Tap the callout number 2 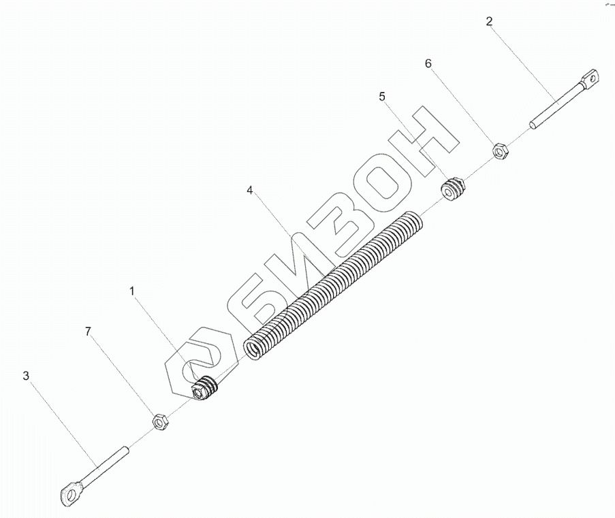coord(490,21)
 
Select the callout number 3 coord(27,376)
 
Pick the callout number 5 coord(382,97)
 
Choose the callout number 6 coord(428,63)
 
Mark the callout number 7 coord(88,331)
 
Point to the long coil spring coord(334,286)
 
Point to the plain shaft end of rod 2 coord(535,124)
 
